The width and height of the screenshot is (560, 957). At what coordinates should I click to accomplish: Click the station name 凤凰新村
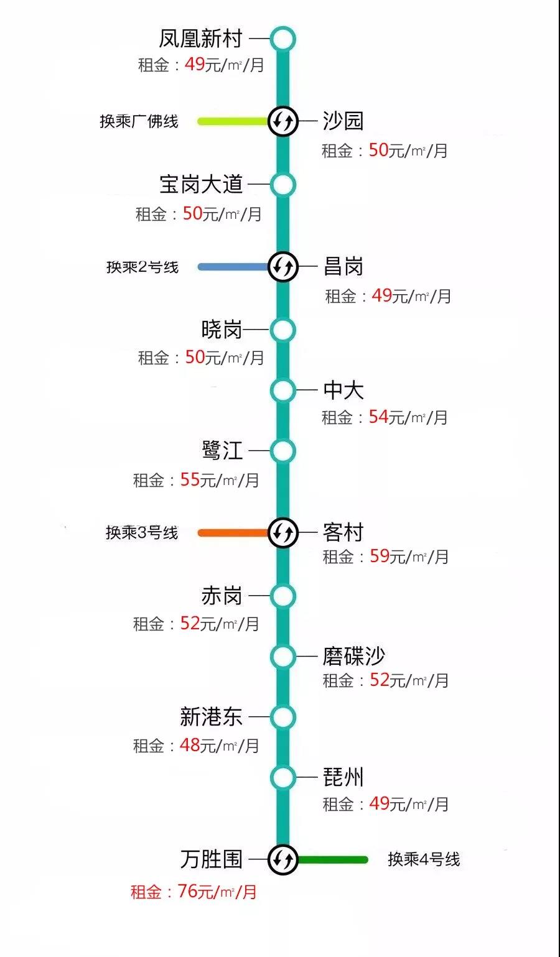tap(200, 39)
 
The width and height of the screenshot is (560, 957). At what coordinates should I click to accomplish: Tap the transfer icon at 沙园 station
tap(283, 121)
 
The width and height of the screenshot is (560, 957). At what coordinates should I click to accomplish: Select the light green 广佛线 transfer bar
tap(233, 121)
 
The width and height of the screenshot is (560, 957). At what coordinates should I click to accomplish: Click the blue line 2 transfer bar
tap(233, 267)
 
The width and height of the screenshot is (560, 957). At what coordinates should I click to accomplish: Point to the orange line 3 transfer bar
tap(233, 532)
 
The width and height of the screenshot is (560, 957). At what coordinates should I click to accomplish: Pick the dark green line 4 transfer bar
tap(333, 860)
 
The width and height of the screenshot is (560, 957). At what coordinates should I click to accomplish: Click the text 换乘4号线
tap(424, 859)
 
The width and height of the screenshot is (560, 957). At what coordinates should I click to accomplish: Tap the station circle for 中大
tap(283, 391)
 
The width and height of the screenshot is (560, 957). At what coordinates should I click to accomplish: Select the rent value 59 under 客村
tap(380, 555)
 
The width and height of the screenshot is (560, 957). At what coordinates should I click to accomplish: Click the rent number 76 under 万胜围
tap(187, 890)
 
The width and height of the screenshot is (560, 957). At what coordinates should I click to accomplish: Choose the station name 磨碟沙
tap(353, 656)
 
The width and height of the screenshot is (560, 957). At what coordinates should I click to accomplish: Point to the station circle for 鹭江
tap(283, 451)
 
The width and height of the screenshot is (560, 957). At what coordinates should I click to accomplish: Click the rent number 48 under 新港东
tap(190, 744)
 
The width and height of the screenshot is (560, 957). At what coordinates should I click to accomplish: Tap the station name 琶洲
tap(343, 777)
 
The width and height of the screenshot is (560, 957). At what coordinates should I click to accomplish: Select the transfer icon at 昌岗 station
tap(283, 267)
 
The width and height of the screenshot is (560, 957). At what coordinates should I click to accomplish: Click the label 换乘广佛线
tap(139, 121)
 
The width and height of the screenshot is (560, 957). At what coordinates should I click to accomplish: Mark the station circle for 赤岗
tap(283, 596)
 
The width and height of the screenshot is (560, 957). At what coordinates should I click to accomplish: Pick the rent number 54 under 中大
tap(378, 417)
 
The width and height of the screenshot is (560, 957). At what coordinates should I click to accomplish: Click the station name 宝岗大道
tap(201, 184)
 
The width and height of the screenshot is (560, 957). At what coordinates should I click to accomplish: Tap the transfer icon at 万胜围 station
tap(283, 860)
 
